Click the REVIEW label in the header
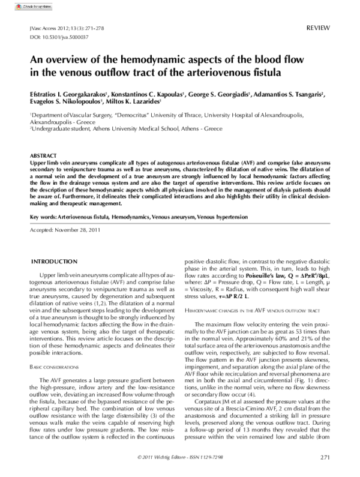click(318, 28)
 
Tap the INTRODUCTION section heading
click(53, 262)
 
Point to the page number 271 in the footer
click(325, 457)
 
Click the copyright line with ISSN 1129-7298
click(180, 457)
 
